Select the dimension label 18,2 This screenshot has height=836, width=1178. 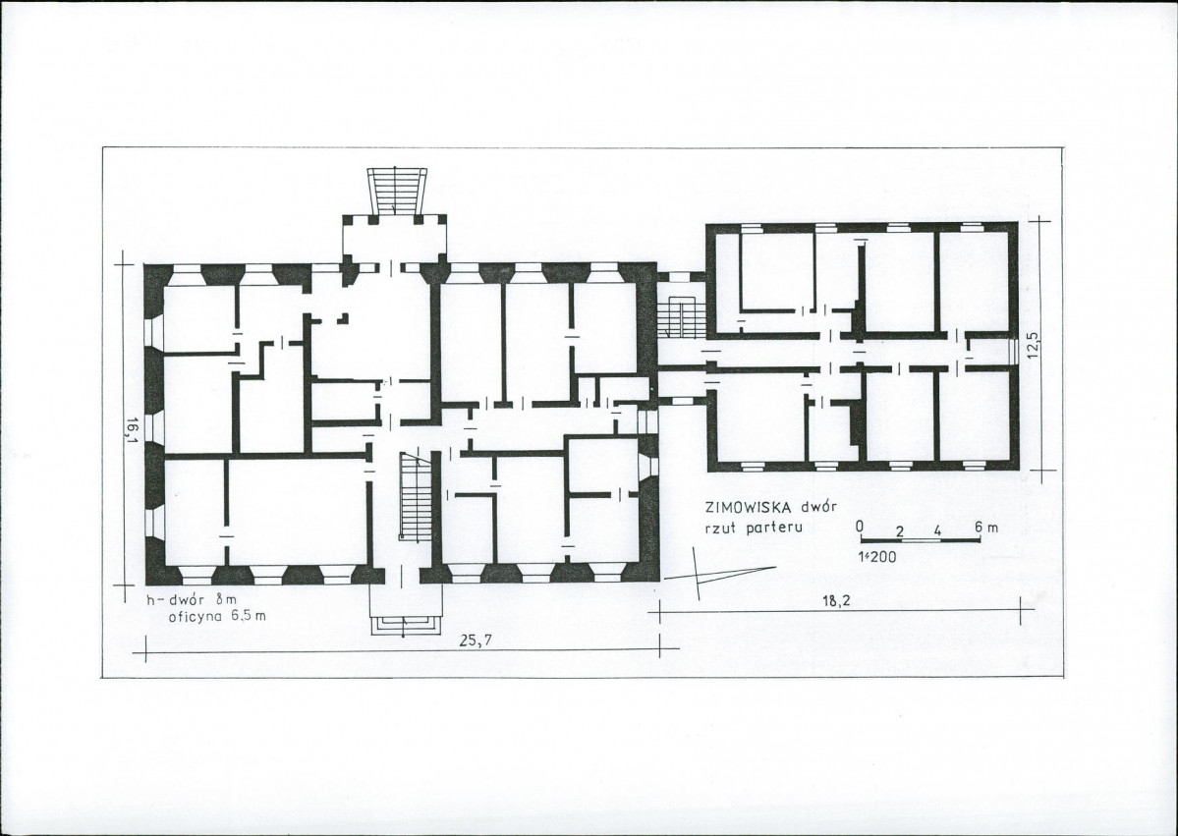pyautogui.click(x=832, y=601)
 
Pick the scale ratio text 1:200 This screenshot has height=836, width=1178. pyautogui.click(x=877, y=557)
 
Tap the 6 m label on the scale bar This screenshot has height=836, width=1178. pyautogui.click(x=986, y=528)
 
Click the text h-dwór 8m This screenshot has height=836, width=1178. pyautogui.click(x=192, y=600)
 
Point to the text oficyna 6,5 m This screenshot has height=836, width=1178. pyautogui.click(x=217, y=617)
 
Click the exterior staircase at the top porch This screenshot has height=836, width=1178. pyautogui.click(x=396, y=192)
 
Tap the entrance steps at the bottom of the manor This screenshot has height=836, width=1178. pyautogui.click(x=404, y=624)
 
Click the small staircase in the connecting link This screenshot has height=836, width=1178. pyautogui.click(x=680, y=317)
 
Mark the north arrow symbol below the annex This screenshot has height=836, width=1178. pyautogui.click(x=707, y=573)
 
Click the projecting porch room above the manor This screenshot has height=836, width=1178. pyautogui.click(x=394, y=242)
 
